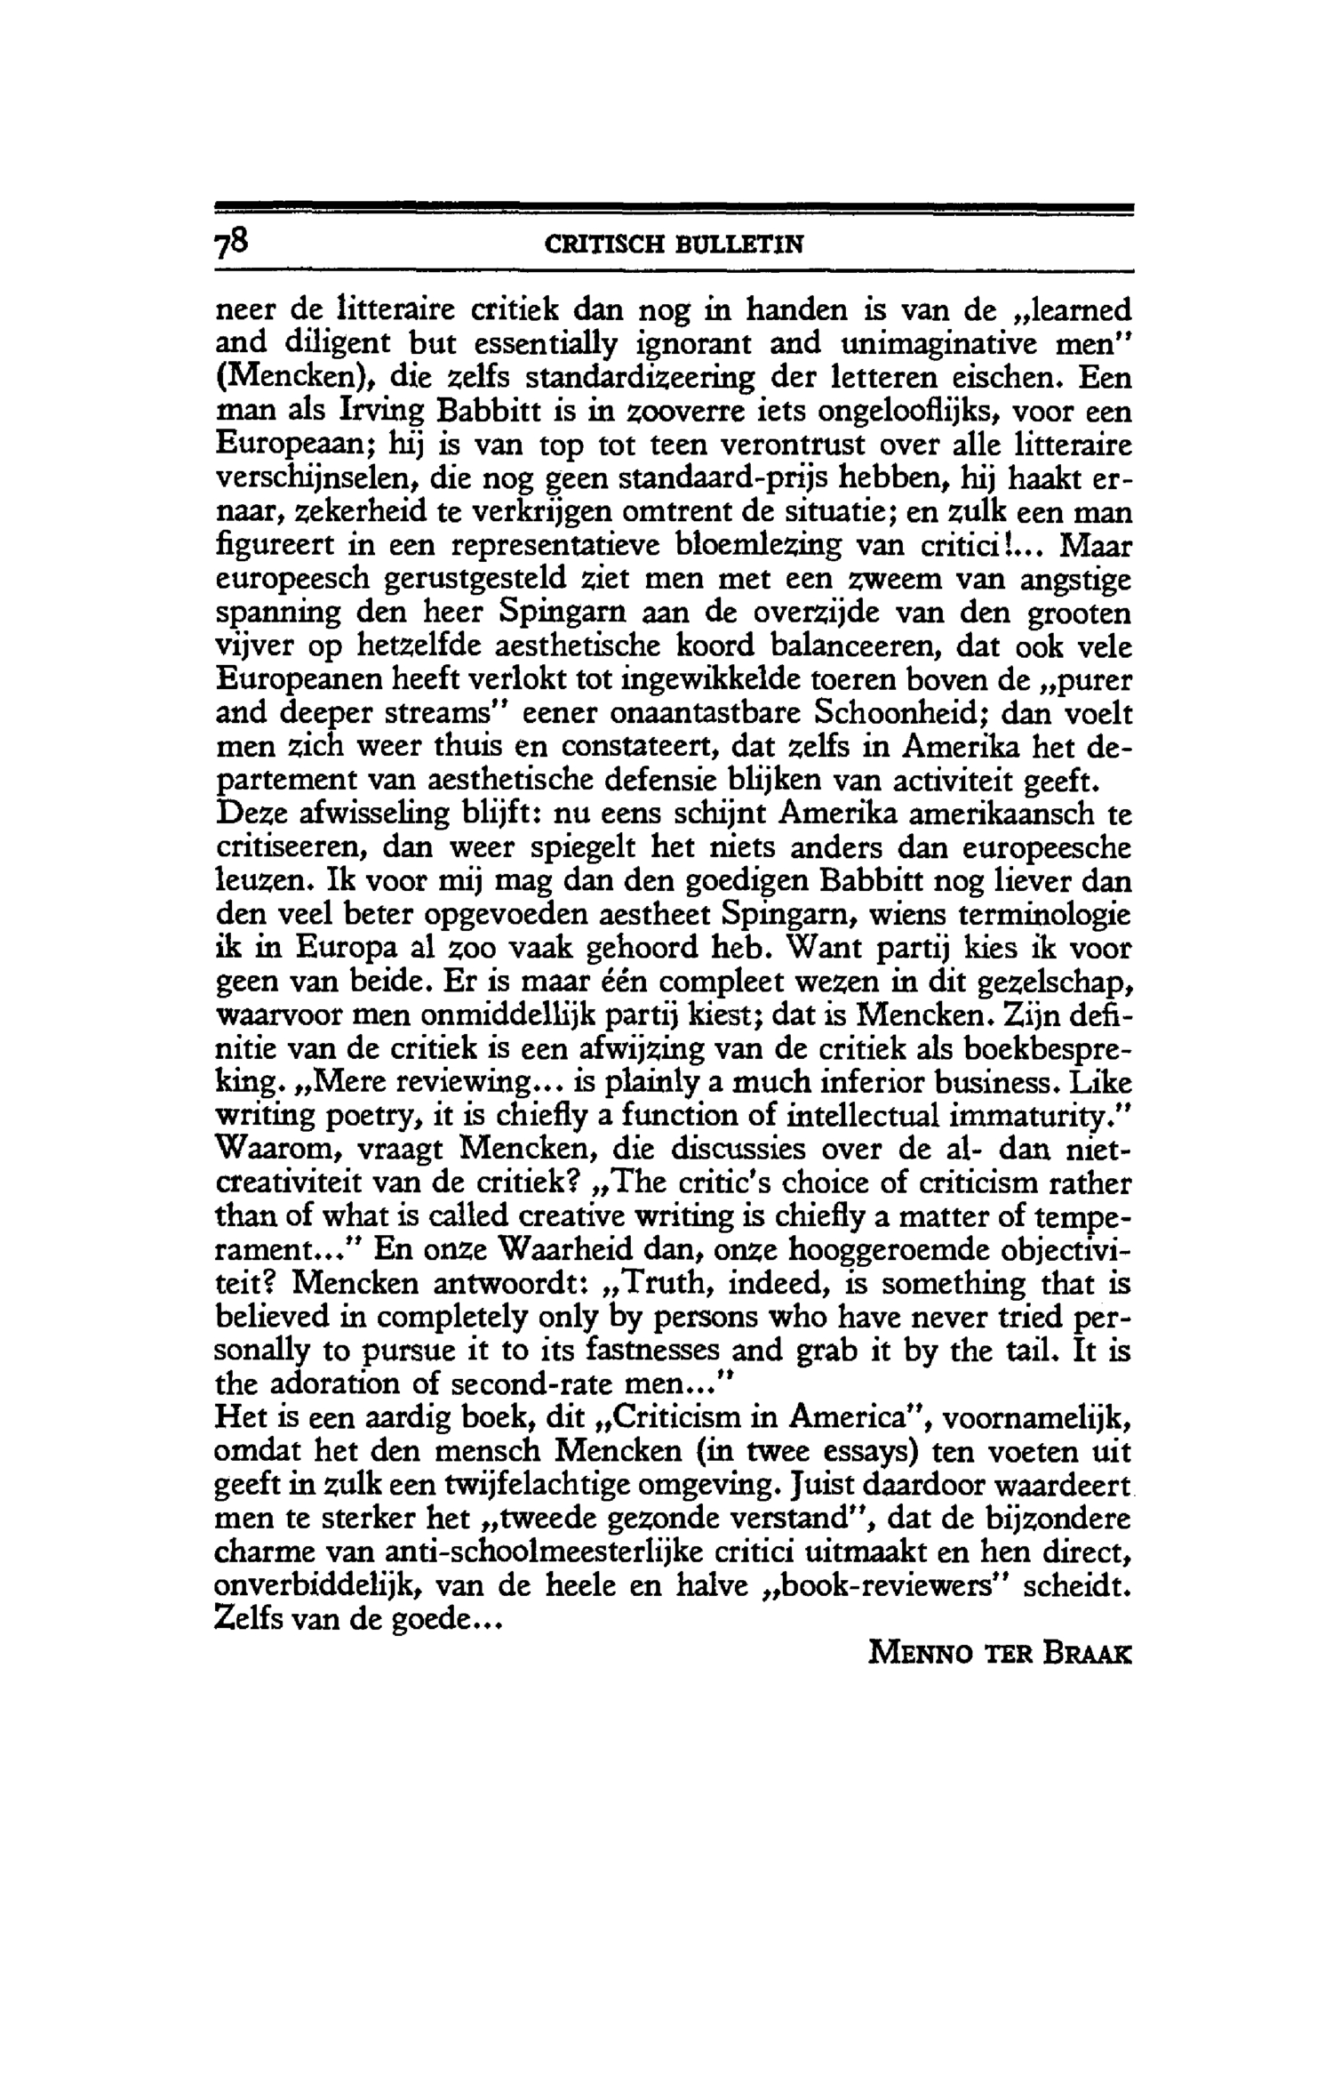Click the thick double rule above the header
coord(675,209)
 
